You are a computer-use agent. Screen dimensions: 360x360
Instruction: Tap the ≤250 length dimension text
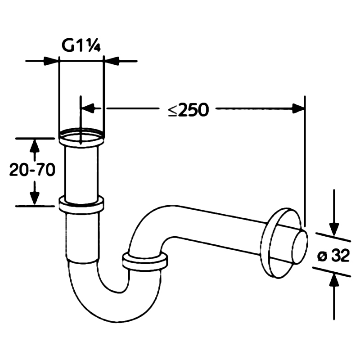pos(188,110)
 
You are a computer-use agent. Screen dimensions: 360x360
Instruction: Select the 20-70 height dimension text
pos(32,170)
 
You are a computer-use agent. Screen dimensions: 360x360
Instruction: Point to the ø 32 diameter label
pos(333,255)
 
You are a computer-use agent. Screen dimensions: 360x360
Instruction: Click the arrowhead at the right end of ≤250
pos(298,108)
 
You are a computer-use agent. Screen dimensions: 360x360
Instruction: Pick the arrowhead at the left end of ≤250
pos(88,108)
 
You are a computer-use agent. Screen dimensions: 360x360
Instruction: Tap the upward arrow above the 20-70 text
pos(35,150)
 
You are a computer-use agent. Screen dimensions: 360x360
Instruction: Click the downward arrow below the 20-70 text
pos(35,193)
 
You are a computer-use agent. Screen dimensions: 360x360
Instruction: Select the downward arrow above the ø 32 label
pos(334,212)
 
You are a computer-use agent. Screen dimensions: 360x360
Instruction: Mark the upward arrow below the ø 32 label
pos(334,297)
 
